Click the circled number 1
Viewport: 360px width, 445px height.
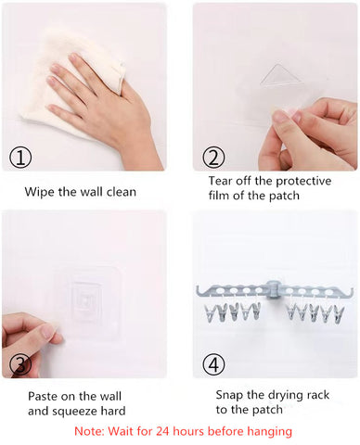click(x=20, y=158)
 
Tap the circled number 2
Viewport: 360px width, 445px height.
click(x=213, y=158)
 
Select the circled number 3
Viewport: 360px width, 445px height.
click(x=20, y=364)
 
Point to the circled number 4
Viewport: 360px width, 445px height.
click(x=213, y=364)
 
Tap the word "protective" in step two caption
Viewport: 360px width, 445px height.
click(x=303, y=181)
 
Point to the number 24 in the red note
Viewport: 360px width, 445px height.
click(x=162, y=431)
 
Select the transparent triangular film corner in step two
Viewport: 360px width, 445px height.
click(x=280, y=76)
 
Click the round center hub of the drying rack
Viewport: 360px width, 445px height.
click(x=273, y=290)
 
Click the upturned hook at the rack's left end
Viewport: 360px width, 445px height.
click(x=199, y=290)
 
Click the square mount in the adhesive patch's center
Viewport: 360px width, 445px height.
click(x=86, y=300)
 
